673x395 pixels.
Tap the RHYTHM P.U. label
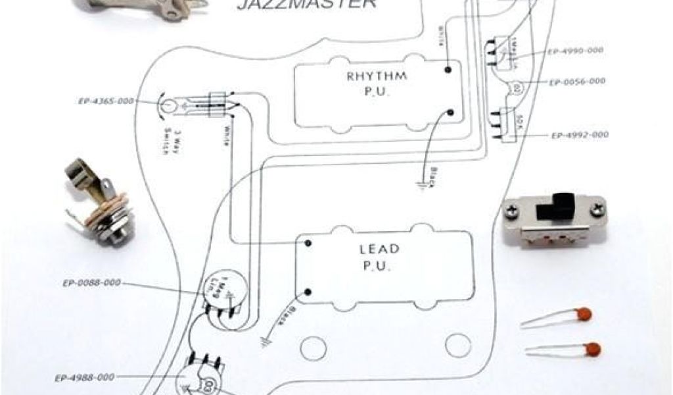[x=377, y=84]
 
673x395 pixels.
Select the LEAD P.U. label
[x=379, y=257]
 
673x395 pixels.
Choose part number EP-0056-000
[x=576, y=82]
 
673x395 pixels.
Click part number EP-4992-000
[x=580, y=135]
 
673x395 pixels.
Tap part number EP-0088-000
[x=92, y=284]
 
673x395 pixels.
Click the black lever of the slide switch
[x=561, y=208]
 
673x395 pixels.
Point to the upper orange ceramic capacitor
[x=582, y=315]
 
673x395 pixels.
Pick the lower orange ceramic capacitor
[x=592, y=349]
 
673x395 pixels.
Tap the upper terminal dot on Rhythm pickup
[x=448, y=68]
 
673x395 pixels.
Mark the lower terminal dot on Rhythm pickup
[x=451, y=113]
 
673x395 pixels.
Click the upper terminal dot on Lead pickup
[x=307, y=244]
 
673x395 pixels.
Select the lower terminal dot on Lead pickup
[x=307, y=291]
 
